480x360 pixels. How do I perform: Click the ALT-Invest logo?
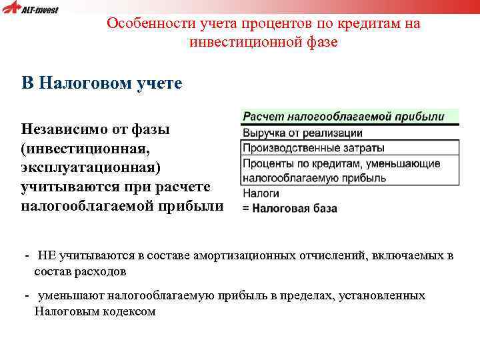click(x=31, y=9)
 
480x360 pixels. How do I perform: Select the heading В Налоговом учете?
click(x=101, y=83)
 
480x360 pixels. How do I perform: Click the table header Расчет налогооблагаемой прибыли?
click(x=343, y=116)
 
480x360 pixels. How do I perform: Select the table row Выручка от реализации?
click(x=302, y=133)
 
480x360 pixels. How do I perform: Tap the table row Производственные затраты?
click(x=313, y=148)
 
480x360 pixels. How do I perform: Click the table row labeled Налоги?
click(x=256, y=193)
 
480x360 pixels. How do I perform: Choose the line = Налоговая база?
click(x=289, y=209)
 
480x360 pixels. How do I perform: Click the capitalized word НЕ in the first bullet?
click(x=46, y=255)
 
